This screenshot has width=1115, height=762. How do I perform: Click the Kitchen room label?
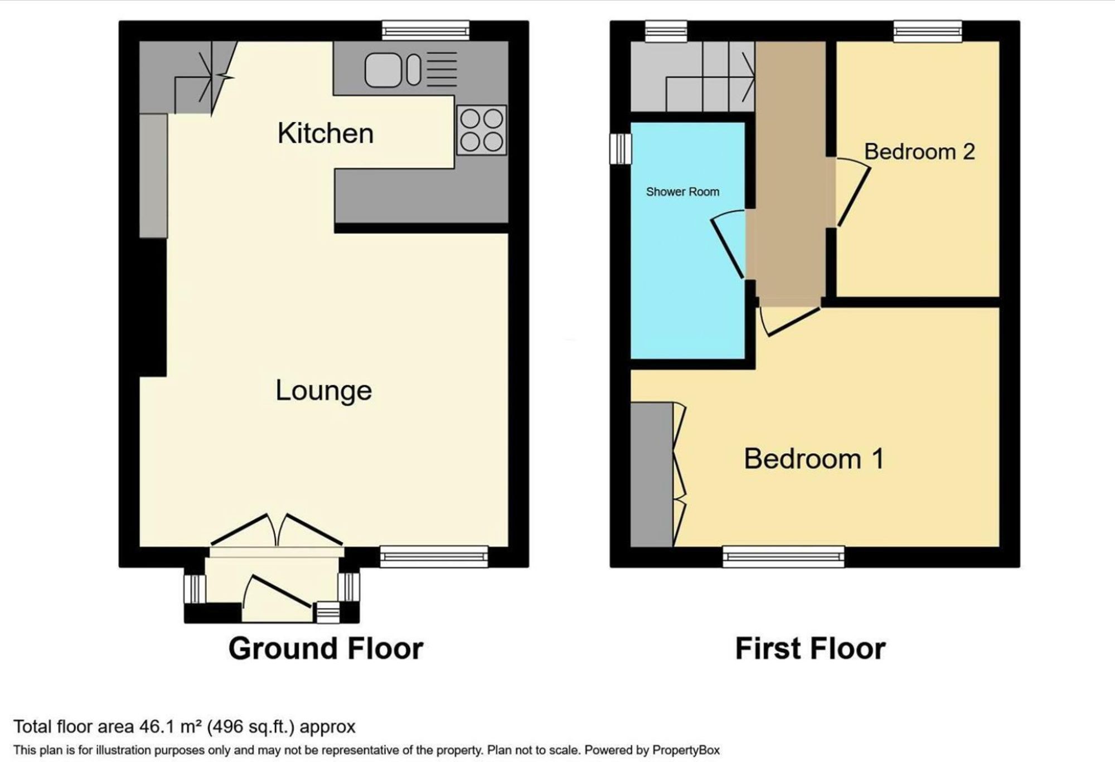pyautogui.click(x=326, y=134)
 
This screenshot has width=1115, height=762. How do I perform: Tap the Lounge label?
pyautogui.click(x=324, y=390)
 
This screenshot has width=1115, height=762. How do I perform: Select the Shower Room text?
pyautogui.click(x=682, y=192)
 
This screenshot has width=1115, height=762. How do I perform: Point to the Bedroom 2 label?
pyautogui.click(x=919, y=152)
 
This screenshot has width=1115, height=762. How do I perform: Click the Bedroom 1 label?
pyautogui.click(x=814, y=459)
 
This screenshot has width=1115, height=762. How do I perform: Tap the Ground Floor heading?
pyautogui.click(x=326, y=648)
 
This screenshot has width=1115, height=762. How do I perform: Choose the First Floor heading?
pyautogui.click(x=811, y=648)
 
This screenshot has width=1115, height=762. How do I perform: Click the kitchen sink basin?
pyautogui.click(x=383, y=70)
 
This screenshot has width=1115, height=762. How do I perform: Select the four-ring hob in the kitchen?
pyautogui.click(x=482, y=130)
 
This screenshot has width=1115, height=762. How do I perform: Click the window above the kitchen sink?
pyautogui.click(x=426, y=31)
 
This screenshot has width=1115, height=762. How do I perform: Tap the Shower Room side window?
pyautogui.click(x=620, y=149)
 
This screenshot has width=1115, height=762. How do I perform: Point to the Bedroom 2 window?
pyautogui.click(x=928, y=31)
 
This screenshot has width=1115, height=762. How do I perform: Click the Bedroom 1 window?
pyautogui.click(x=784, y=556)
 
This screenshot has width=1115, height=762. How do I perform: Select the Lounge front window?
pyautogui.click(x=434, y=556)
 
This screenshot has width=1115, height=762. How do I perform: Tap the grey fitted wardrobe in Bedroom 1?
pyautogui.click(x=652, y=474)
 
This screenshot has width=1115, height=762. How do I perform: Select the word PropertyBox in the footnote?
pyautogui.click(x=686, y=750)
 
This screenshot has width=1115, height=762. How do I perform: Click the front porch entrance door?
pyautogui.click(x=277, y=593)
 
